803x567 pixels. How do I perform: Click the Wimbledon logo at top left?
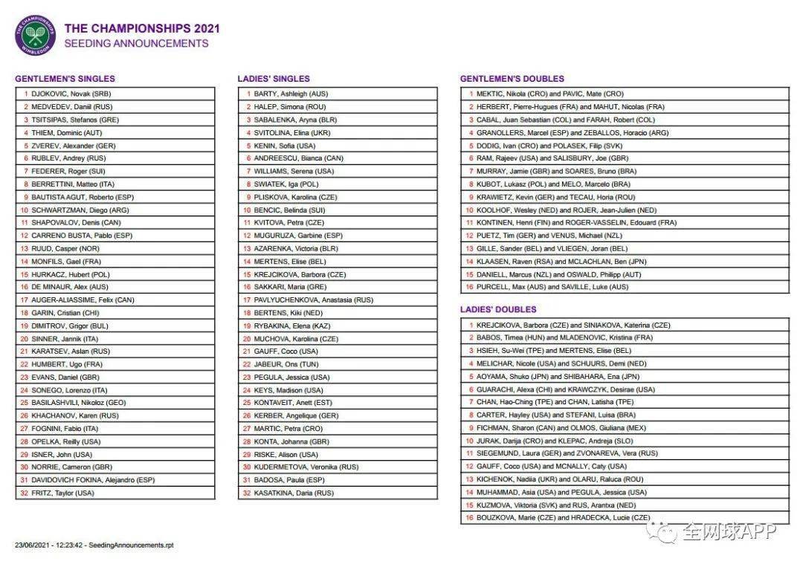[35, 36]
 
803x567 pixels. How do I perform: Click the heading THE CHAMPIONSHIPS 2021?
[142, 28]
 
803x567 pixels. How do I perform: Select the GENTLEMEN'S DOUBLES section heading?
[512, 78]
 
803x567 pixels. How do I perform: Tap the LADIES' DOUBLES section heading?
[497, 309]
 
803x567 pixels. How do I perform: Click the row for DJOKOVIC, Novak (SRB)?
[71, 94]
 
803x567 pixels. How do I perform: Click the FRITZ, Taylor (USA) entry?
[63, 492]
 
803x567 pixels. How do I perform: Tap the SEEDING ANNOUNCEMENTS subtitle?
[136, 43]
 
